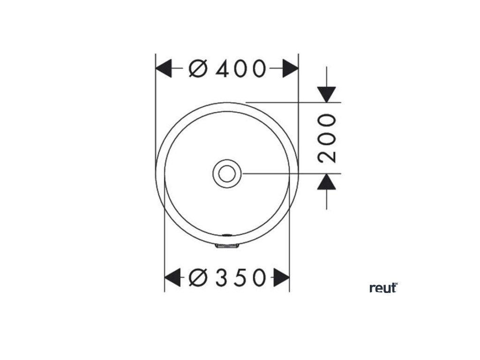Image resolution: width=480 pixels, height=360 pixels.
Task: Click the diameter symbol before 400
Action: point(198,69)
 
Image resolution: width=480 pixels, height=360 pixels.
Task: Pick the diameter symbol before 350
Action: point(198,278)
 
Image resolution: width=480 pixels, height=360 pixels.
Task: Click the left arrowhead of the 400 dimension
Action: point(163,69)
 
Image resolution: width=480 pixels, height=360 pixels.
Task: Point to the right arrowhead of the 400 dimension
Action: point(291,69)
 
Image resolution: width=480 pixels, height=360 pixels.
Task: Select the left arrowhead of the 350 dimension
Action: point(172,278)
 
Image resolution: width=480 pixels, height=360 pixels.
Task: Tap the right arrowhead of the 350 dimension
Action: point(282,278)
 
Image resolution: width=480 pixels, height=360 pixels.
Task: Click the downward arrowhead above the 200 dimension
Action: point(327,94)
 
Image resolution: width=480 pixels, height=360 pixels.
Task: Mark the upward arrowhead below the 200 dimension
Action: point(327,182)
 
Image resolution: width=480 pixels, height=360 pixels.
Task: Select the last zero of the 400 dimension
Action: point(259,69)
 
